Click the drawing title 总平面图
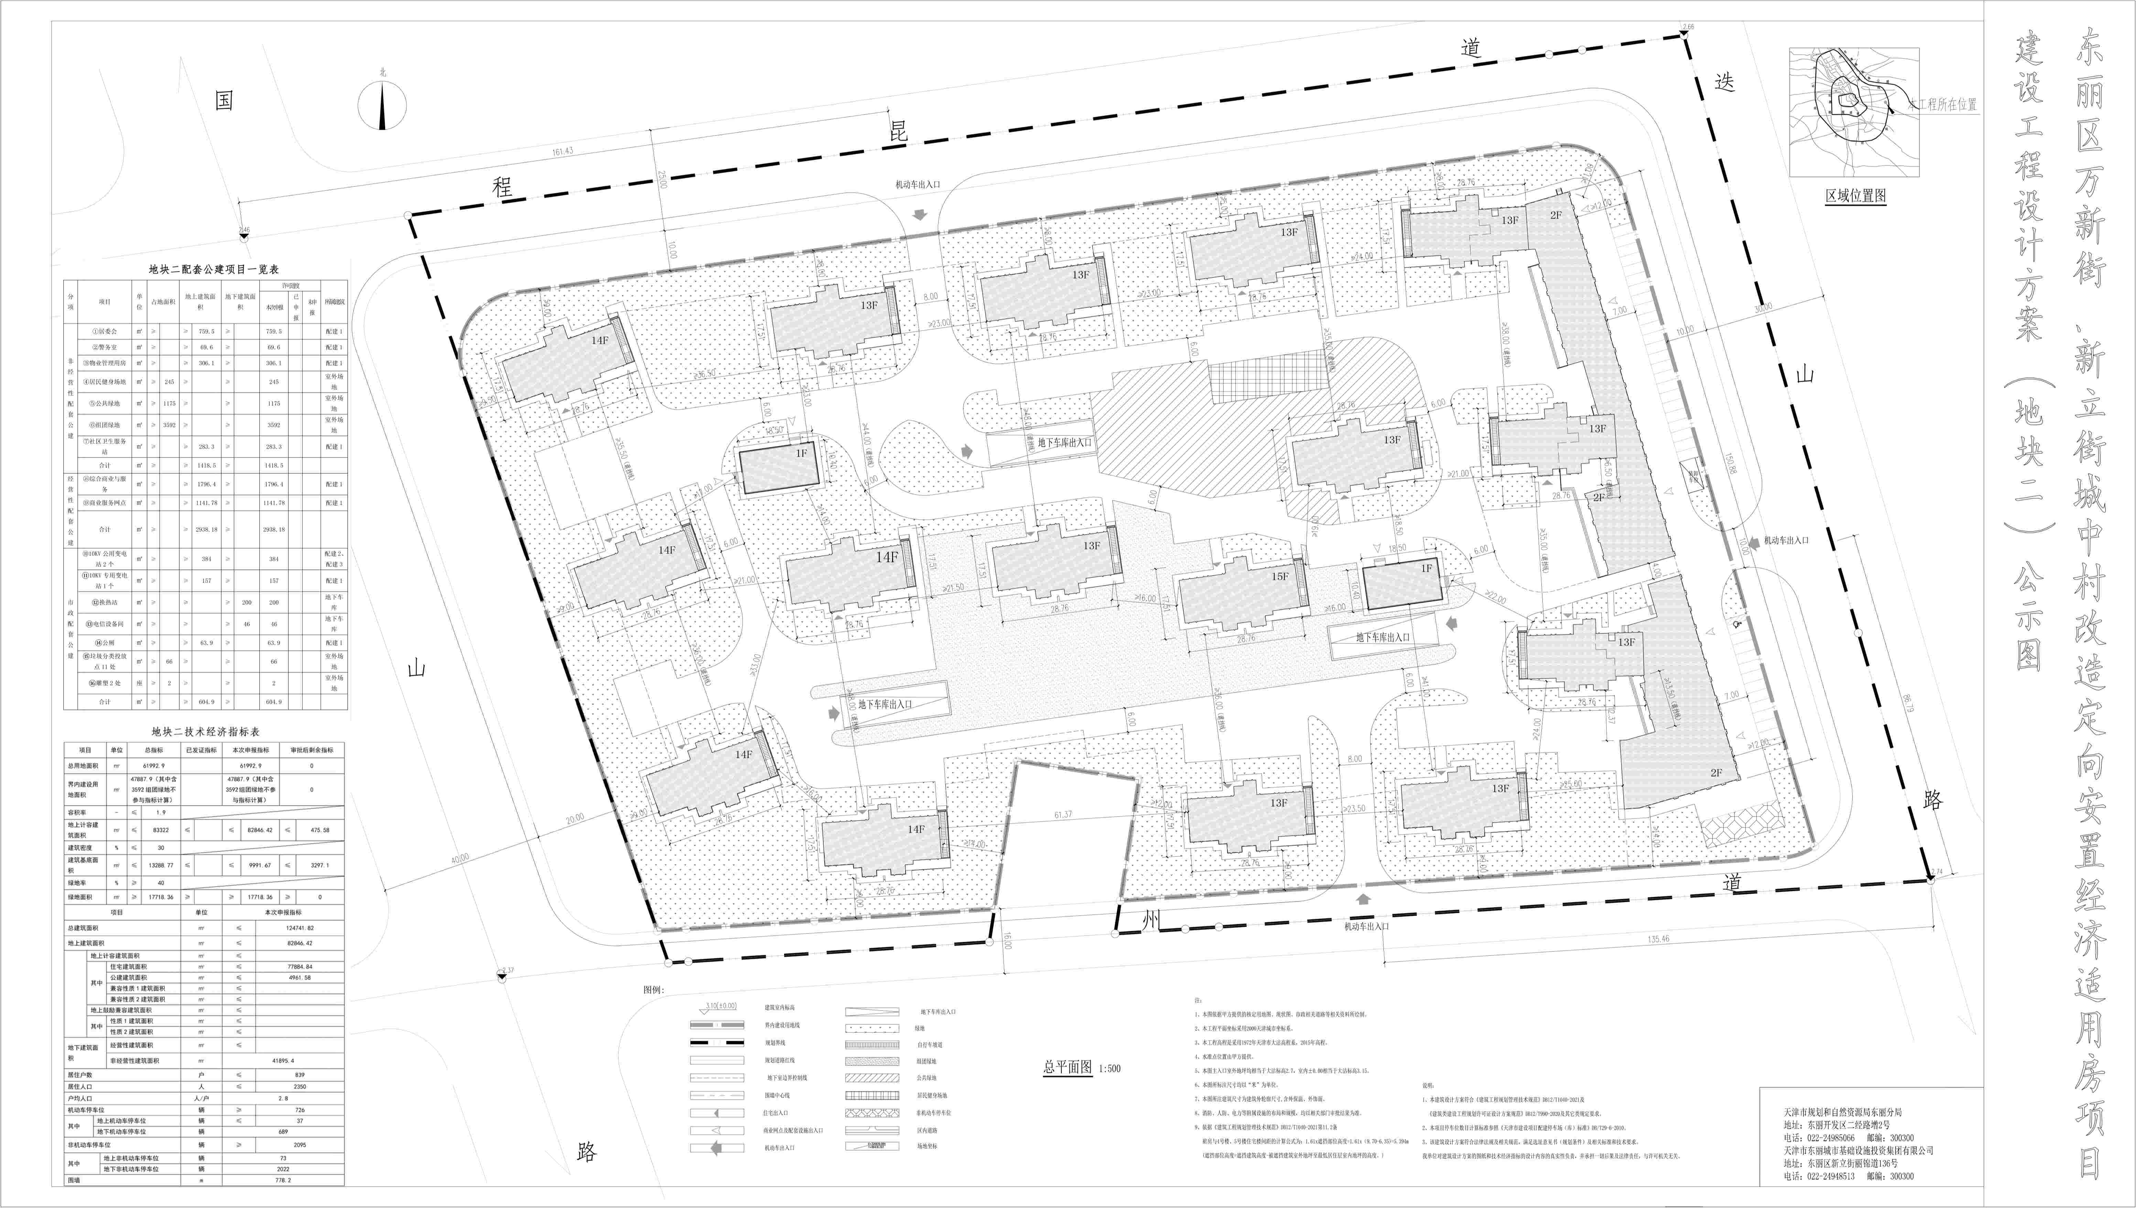pos(1067,1067)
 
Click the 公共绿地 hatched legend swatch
pos(872,1078)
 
